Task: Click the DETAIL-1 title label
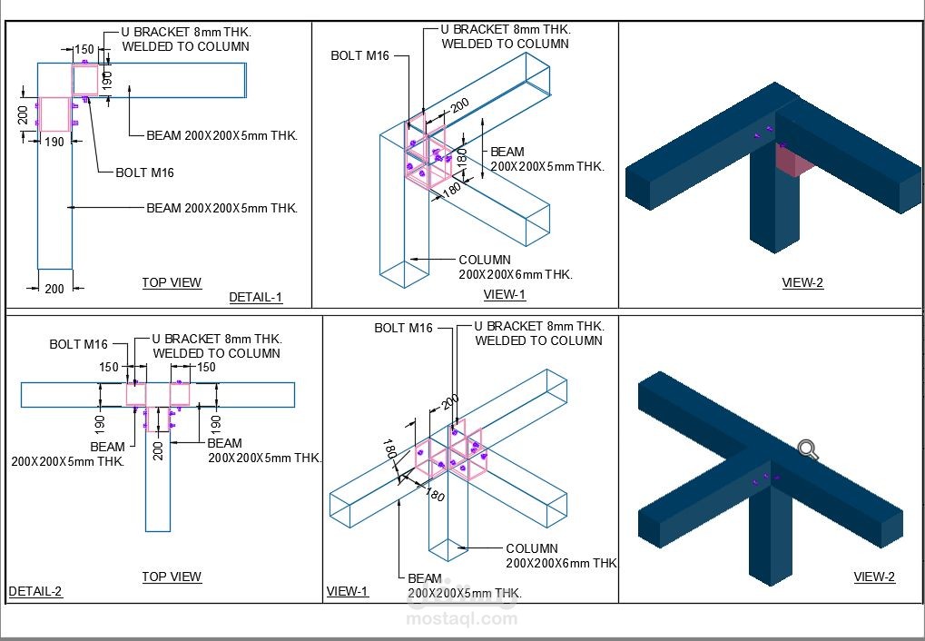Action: pyautogui.click(x=255, y=297)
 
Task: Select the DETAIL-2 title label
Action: pyautogui.click(x=35, y=592)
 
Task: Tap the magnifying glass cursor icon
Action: pyautogui.click(x=807, y=449)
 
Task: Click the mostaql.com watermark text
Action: pyautogui.click(x=463, y=619)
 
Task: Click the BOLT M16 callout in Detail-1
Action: pyautogui.click(x=144, y=173)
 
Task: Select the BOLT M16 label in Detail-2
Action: pyautogui.click(x=78, y=344)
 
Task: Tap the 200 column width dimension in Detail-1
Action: pyautogui.click(x=54, y=289)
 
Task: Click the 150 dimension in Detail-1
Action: pyautogui.click(x=84, y=50)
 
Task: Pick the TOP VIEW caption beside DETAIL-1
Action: pyautogui.click(x=172, y=282)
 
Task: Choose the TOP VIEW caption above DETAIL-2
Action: pyautogui.click(x=172, y=577)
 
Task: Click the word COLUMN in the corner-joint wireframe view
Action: pyautogui.click(x=485, y=261)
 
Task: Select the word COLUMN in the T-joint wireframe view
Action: pyautogui.click(x=532, y=548)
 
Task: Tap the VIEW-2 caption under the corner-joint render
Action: pyautogui.click(x=802, y=282)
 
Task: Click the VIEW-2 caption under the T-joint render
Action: pyautogui.click(x=874, y=577)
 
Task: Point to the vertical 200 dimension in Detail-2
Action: pyautogui.click(x=158, y=450)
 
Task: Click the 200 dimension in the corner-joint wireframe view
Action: pyautogui.click(x=459, y=106)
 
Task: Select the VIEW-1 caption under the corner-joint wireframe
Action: pyautogui.click(x=505, y=294)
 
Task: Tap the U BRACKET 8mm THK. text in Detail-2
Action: pyautogui.click(x=216, y=339)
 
